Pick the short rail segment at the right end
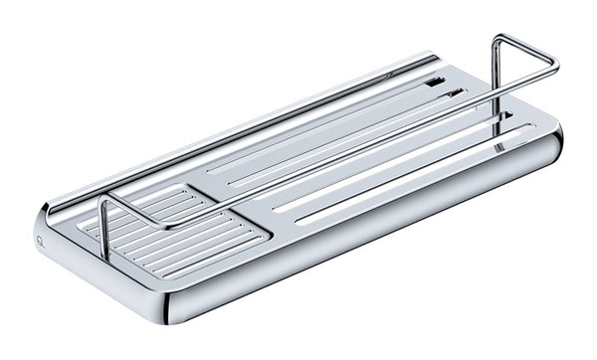click(x=524, y=54)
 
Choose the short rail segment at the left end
click(x=135, y=210)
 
